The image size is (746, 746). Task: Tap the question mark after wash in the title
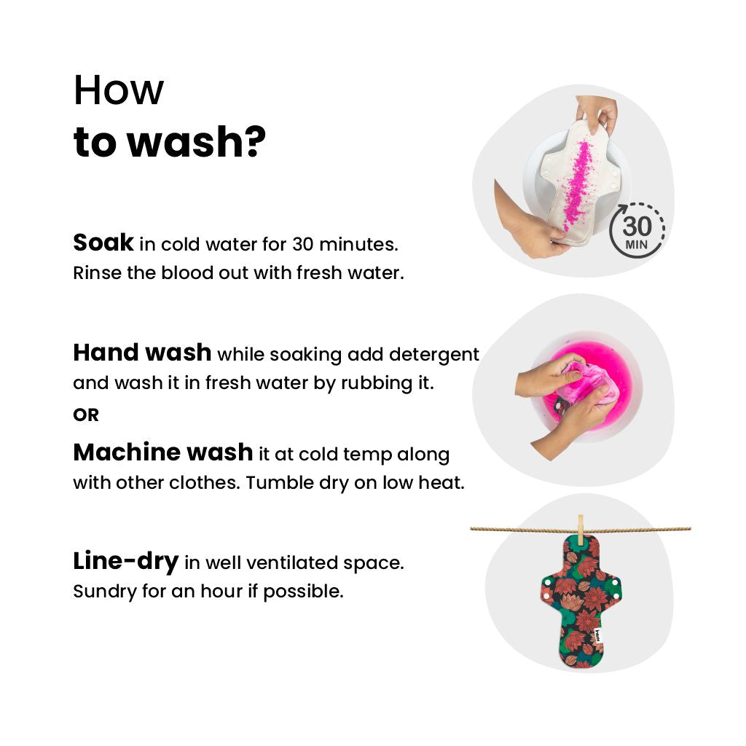[x=256, y=141]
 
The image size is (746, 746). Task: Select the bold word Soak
[x=103, y=243]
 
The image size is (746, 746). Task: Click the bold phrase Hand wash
[x=142, y=353]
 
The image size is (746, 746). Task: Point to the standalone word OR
[x=86, y=415]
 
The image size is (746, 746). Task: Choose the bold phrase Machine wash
[x=162, y=452]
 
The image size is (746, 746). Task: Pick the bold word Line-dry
[x=125, y=562]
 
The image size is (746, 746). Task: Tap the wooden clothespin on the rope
[x=580, y=530]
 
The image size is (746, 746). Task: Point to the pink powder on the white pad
[x=577, y=185]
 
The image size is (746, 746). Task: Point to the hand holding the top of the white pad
[x=597, y=112]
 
